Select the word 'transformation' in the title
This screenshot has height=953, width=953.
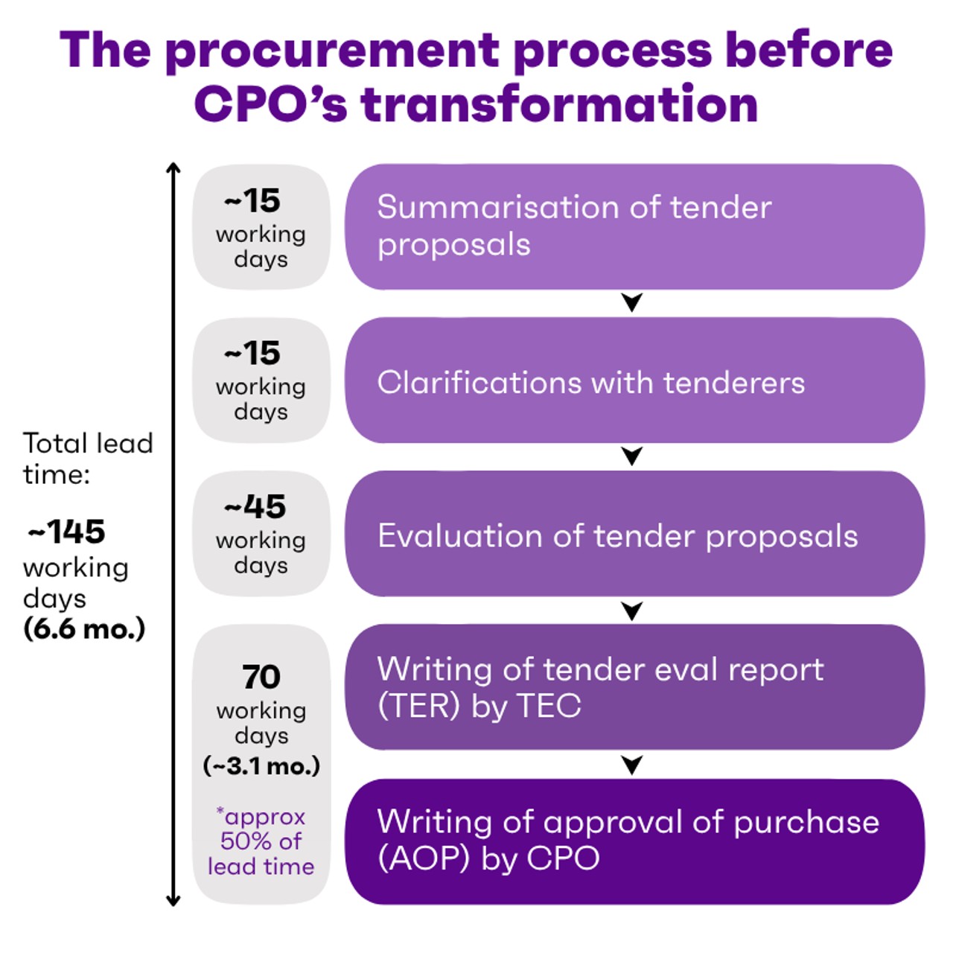tap(560, 104)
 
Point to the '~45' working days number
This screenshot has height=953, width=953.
tap(255, 507)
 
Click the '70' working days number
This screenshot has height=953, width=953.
tap(261, 678)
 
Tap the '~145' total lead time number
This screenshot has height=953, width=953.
tap(67, 532)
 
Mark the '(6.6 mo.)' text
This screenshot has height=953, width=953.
tap(84, 629)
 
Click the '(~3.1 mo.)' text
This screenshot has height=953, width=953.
tap(261, 765)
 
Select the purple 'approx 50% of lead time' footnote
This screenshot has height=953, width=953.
tap(261, 841)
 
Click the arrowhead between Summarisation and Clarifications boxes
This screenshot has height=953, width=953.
tap(632, 302)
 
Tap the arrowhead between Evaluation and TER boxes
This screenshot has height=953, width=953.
tap(632, 611)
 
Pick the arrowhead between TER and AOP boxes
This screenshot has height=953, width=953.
tap(632, 765)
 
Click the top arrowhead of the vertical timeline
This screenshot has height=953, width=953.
tap(173, 168)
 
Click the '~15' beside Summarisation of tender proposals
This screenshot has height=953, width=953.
tap(252, 200)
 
